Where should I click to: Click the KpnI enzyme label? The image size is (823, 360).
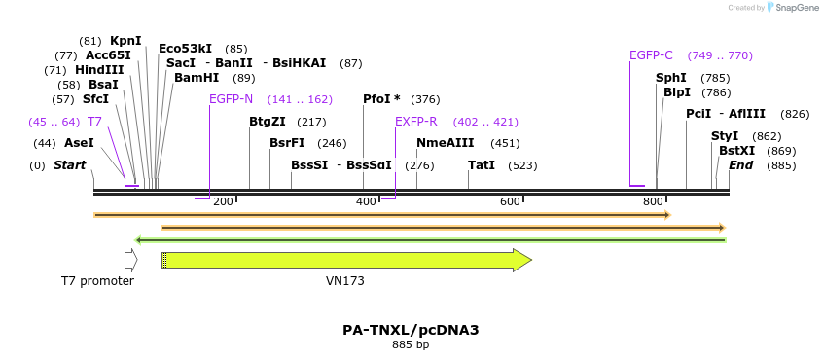(125, 41)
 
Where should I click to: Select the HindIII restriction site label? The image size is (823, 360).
(98, 70)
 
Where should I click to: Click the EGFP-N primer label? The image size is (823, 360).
(231, 99)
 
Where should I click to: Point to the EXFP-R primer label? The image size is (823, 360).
(415, 122)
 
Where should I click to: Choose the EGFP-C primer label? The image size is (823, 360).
(651, 55)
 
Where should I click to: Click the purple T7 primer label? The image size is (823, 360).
(94, 122)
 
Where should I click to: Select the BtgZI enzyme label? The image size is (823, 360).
(268, 122)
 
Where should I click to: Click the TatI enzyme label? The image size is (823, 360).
(482, 165)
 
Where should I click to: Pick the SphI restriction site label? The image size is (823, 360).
(670, 78)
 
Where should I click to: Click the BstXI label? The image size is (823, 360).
(736, 151)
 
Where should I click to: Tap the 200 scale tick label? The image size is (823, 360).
(223, 201)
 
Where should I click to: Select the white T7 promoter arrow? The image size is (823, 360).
(130, 260)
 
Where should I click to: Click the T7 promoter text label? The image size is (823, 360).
(97, 281)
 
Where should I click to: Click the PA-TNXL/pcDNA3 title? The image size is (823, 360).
(411, 330)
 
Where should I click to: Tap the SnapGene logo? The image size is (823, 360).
(794, 8)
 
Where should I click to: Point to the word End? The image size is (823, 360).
(740, 165)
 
